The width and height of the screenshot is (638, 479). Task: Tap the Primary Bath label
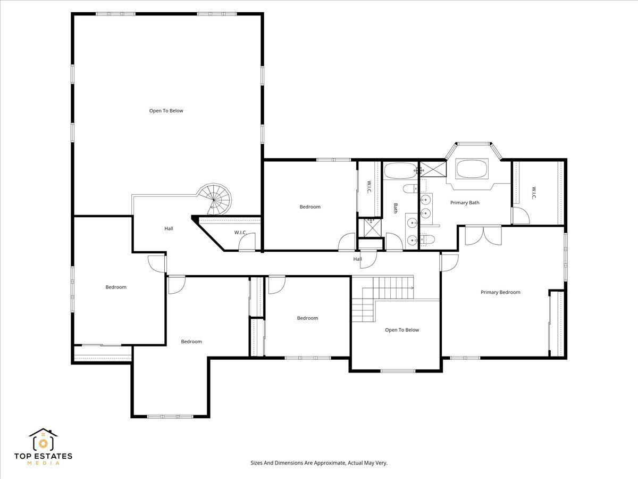point(465,203)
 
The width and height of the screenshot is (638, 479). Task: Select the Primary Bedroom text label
point(500,292)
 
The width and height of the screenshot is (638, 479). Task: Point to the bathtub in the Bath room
point(401,170)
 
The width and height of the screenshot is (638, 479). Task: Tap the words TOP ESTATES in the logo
point(43,456)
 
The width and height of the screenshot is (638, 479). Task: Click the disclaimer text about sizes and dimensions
point(319,463)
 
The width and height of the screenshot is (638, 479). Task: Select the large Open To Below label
point(166,111)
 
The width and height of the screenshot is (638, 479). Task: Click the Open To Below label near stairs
point(402,330)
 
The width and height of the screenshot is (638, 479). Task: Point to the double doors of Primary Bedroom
point(483,236)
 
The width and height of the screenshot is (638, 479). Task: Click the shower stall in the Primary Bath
point(433,169)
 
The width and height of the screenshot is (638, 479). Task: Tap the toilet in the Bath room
point(410,188)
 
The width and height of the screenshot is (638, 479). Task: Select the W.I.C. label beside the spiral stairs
point(241,233)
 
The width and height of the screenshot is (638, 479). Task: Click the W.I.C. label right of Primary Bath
point(534,193)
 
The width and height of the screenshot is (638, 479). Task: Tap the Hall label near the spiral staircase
point(169,229)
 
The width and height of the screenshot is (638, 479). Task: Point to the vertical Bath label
point(396,208)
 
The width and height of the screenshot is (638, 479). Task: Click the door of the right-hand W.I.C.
point(521,216)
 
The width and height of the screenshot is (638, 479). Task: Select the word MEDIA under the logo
point(43,463)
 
